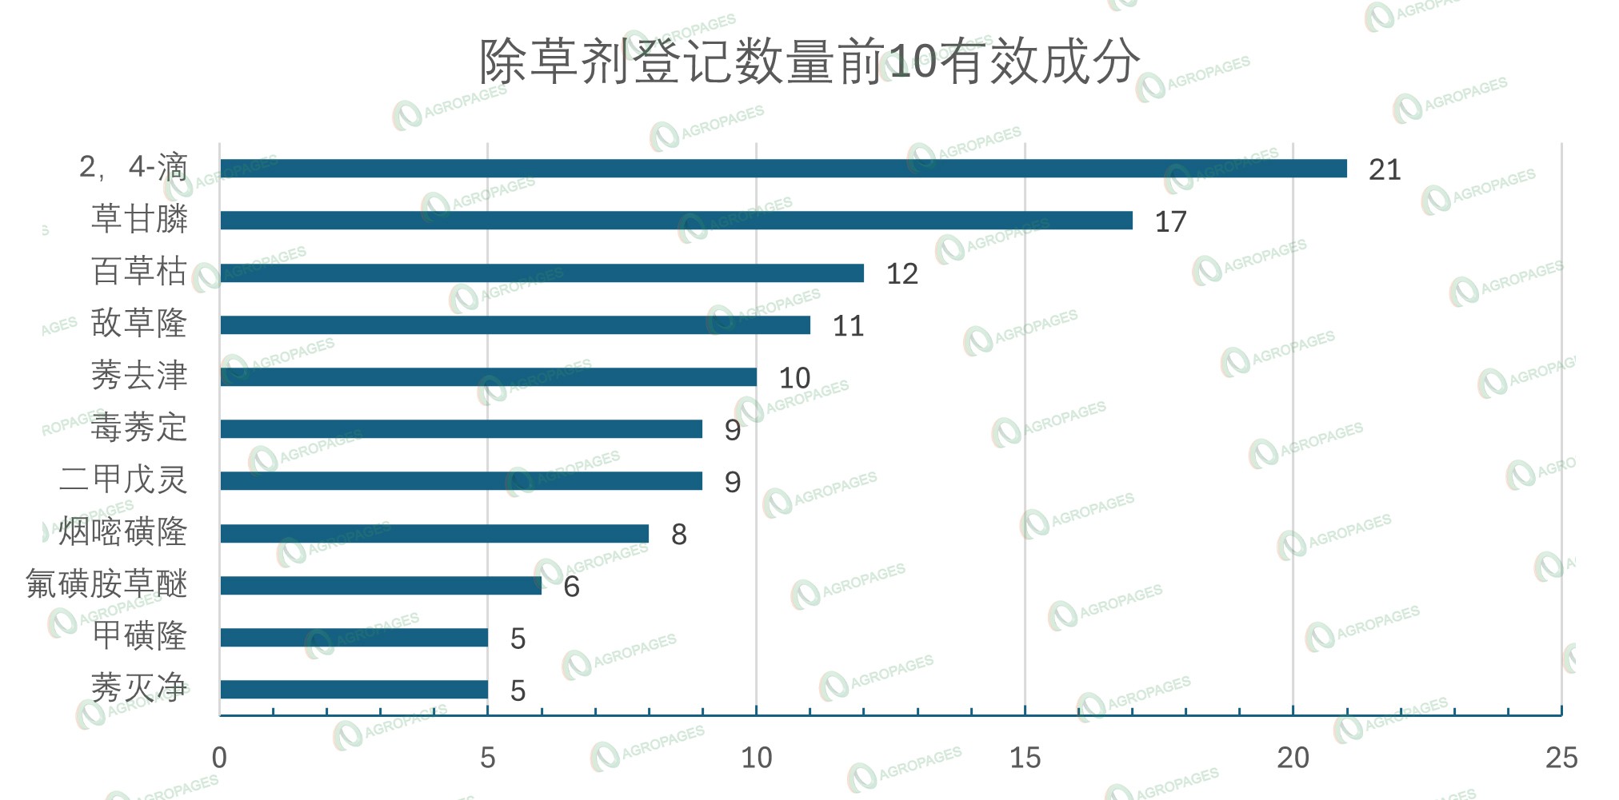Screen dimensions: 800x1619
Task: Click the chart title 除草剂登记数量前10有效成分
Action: point(809,62)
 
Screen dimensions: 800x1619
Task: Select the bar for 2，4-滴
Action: point(783,169)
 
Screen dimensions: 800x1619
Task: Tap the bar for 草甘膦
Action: point(676,221)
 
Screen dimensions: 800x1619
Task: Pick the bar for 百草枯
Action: point(542,273)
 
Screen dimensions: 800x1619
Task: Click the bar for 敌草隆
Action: point(515,325)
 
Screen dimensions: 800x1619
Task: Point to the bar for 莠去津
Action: point(488,377)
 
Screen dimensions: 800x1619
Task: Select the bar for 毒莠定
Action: point(461,429)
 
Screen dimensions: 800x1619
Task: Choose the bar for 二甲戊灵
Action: point(461,481)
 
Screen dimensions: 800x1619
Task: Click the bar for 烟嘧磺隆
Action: point(434,533)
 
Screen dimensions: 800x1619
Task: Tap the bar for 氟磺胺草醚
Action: point(381,586)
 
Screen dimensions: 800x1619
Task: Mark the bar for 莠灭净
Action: point(354,690)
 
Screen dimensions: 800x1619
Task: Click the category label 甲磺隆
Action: point(139,636)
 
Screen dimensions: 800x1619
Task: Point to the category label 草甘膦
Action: point(139,219)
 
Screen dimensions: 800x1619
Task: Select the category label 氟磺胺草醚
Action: point(106,584)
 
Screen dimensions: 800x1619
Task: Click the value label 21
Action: point(1385,170)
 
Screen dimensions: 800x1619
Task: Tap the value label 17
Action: point(1170,222)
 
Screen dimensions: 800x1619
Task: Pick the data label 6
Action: point(571,587)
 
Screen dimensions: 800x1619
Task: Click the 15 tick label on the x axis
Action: point(1025,758)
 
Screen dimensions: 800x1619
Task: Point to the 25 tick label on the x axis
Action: point(1561,758)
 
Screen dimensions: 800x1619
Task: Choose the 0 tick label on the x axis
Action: point(219,758)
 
